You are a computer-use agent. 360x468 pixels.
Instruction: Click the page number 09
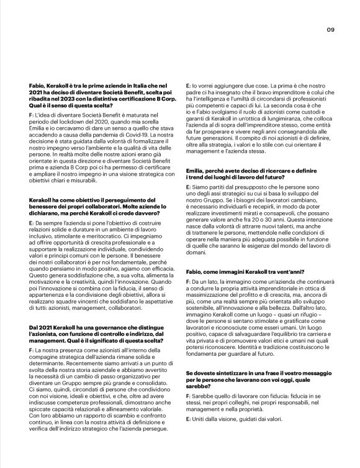[331, 29]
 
